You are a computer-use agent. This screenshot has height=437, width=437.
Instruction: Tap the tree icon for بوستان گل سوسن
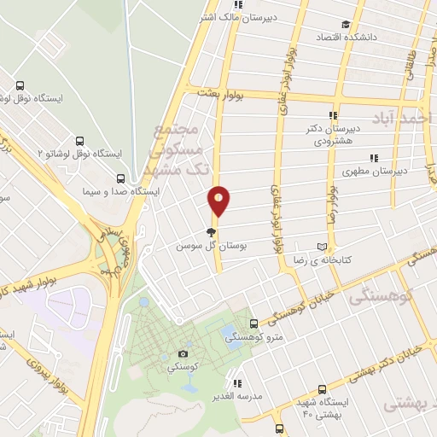pyautogui.click(x=211, y=230)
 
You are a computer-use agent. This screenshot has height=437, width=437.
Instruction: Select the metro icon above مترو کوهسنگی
pyautogui.click(x=253, y=323)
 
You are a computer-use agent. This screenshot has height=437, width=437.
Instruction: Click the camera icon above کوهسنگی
pyautogui.click(x=183, y=353)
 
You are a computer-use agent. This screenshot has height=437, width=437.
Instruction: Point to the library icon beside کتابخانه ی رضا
pyautogui.click(x=322, y=242)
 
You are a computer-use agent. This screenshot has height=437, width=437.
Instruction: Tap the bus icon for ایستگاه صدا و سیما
pyautogui.click(x=119, y=179)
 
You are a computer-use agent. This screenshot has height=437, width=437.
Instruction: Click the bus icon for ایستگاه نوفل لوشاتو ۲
pyautogui.click(x=79, y=141)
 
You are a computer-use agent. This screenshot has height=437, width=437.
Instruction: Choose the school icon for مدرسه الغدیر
pyautogui.click(x=238, y=382)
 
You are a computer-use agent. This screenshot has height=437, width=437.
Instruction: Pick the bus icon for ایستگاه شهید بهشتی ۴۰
pyautogui.click(x=280, y=428)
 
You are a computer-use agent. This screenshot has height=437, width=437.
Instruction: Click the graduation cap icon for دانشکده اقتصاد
pyautogui.click(x=345, y=25)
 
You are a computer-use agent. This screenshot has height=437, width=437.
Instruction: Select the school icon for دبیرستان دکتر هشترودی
pyautogui.click(x=332, y=115)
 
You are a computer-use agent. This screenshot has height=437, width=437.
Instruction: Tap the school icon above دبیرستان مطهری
pyautogui.click(x=373, y=157)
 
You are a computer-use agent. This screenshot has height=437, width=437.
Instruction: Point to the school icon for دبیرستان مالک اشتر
pyautogui.click(x=243, y=2)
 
